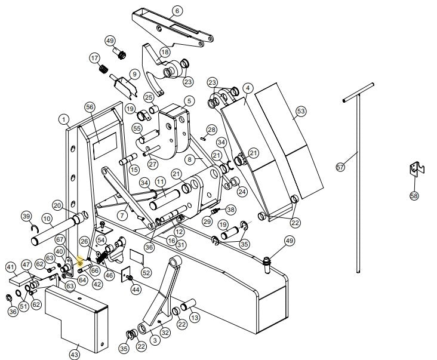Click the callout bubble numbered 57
340,168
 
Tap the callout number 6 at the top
177,11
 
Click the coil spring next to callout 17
103,69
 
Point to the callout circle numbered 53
300,112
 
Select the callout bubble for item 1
63,119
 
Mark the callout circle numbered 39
26,216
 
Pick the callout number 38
230,210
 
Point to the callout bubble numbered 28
211,129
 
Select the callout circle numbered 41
11,267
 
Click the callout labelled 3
155,340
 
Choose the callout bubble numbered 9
134,74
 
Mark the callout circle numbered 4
247,88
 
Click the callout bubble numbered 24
242,192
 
